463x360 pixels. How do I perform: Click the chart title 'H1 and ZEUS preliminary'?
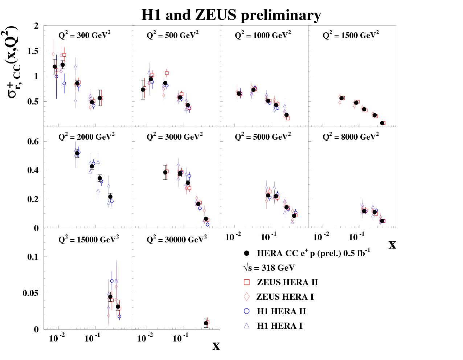pos(231,15)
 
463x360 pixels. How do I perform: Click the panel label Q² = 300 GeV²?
pos(85,35)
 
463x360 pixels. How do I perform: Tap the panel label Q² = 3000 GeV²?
pos(175,137)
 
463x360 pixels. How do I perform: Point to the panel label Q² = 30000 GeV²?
pos(177,240)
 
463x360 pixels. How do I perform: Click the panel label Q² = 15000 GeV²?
pos(89,240)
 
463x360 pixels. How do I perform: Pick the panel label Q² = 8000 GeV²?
pos(351,137)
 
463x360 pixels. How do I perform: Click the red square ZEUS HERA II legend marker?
pos(247,282)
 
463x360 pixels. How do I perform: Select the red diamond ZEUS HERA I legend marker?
pos(247,297)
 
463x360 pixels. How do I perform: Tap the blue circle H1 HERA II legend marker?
pos(247,311)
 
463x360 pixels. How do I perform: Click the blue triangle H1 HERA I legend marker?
pos(247,326)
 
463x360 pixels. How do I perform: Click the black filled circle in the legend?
pos(247,253)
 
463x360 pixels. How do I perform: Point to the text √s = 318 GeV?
pos(269,268)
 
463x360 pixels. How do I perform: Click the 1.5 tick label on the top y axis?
pos(33,51)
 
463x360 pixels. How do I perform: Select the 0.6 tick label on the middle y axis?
pos(33,142)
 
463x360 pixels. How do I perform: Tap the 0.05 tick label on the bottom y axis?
pos(30,293)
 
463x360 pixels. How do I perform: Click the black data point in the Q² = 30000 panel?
pos(206,323)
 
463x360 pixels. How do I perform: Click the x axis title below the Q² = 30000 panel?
pos(216,346)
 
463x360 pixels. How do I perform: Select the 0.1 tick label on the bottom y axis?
pos(33,257)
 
